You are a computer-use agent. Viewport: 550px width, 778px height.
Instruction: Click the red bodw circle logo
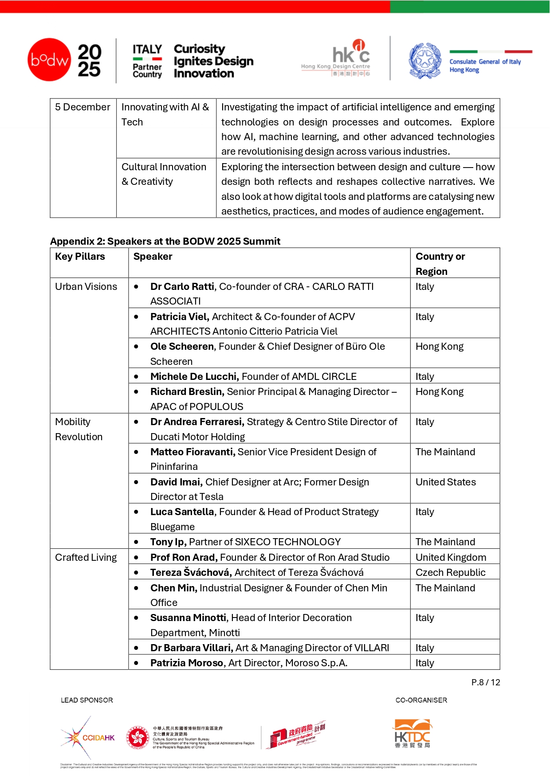click(x=49, y=59)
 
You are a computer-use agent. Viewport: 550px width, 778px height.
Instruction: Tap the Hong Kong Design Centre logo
click(x=336, y=59)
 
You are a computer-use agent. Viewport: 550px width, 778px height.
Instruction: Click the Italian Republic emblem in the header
click(x=425, y=61)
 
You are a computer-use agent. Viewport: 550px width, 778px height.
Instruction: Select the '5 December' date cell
click(x=82, y=107)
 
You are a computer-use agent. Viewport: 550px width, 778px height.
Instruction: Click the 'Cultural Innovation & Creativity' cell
click(x=164, y=174)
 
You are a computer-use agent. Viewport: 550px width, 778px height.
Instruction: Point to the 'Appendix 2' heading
click(x=165, y=241)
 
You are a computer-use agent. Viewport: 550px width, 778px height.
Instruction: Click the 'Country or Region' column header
click(x=440, y=264)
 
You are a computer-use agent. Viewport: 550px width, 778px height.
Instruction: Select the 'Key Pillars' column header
click(x=80, y=257)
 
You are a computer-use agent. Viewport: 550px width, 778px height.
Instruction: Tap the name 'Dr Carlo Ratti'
click(x=182, y=287)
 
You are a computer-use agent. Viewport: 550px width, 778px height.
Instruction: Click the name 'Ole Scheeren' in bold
click(x=181, y=347)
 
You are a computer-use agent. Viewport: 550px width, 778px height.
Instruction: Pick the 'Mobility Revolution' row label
click(x=79, y=429)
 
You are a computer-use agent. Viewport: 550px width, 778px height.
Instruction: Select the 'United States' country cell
click(x=445, y=482)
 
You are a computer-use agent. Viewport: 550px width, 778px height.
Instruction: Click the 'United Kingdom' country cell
click(x=451, y=558)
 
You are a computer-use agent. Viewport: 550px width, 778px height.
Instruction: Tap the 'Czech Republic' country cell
click(x=450, y=573)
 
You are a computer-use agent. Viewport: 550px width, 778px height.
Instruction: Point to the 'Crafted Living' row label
click(x=86, y=558)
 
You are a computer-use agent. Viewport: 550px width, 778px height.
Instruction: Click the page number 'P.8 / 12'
click(x=485, y=683)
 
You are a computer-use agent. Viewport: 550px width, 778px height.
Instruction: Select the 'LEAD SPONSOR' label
click(x=87, y=700)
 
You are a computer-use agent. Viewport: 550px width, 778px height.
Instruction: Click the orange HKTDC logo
click(x=412, y=734)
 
